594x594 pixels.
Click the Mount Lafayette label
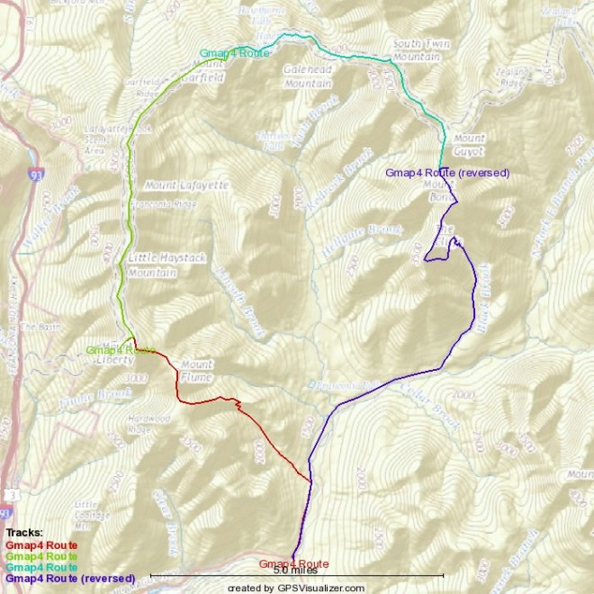point(185,184)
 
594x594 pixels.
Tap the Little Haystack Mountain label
point(156,265)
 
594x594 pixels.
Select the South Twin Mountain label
point(417,50)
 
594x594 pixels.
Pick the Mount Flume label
point(197,371)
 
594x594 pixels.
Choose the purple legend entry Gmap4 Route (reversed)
point(70,577)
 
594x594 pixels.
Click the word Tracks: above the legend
point(23,534)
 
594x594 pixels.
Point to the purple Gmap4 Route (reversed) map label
point(447,172)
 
